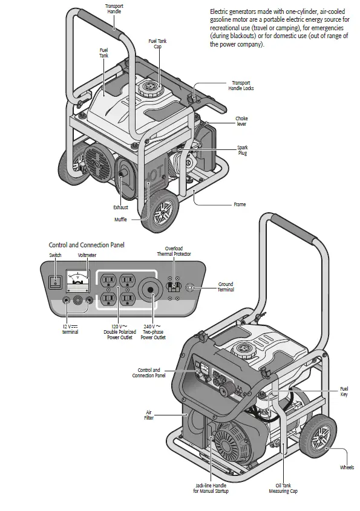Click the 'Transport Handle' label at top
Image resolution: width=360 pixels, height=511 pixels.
[x=113, y=9]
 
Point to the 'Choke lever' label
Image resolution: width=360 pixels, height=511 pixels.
[x=242, y=121]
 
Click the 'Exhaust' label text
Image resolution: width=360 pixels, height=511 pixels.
[x=120, y=207]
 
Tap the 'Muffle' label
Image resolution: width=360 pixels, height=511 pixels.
[x=120, y=220]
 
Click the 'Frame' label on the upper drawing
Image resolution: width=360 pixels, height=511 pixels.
[x=240, y=204]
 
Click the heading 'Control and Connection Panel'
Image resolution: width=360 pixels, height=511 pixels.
[x=87, y=245]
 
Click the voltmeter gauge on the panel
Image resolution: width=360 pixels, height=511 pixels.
[x=76, y=279]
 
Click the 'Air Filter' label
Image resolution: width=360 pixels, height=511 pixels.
[x=149, y=414]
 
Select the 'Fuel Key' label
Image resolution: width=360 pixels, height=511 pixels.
[x=344, y=391]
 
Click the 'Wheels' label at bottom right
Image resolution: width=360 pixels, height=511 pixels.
[x=347, y=467]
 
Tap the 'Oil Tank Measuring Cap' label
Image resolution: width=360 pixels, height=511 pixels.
[x=283, y=488]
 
